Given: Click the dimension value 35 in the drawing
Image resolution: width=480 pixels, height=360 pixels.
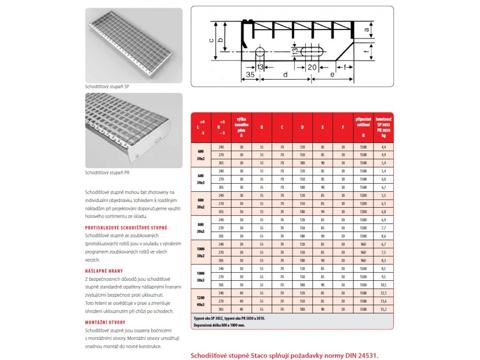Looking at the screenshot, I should pos(250,75).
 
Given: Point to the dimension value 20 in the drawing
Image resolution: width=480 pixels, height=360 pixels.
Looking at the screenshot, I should pos(312,67).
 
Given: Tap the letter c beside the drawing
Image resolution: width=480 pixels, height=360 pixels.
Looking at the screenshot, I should pos(211,40).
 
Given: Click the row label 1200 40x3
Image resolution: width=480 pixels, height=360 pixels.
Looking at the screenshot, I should pos(201,301).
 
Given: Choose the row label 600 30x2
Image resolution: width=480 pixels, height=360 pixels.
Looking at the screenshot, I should pos(201,155).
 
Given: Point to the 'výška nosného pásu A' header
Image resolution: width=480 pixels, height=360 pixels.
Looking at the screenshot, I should pos(241,127).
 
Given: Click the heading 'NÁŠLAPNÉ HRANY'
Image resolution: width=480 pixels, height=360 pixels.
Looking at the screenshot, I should pos(105,271).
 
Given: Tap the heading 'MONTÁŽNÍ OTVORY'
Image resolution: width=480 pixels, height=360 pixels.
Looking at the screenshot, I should pos(106,323).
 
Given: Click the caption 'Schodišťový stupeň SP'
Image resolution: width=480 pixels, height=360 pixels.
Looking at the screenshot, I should pos(107,87).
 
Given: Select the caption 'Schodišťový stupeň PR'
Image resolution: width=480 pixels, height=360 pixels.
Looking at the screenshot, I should pos(107,173).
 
